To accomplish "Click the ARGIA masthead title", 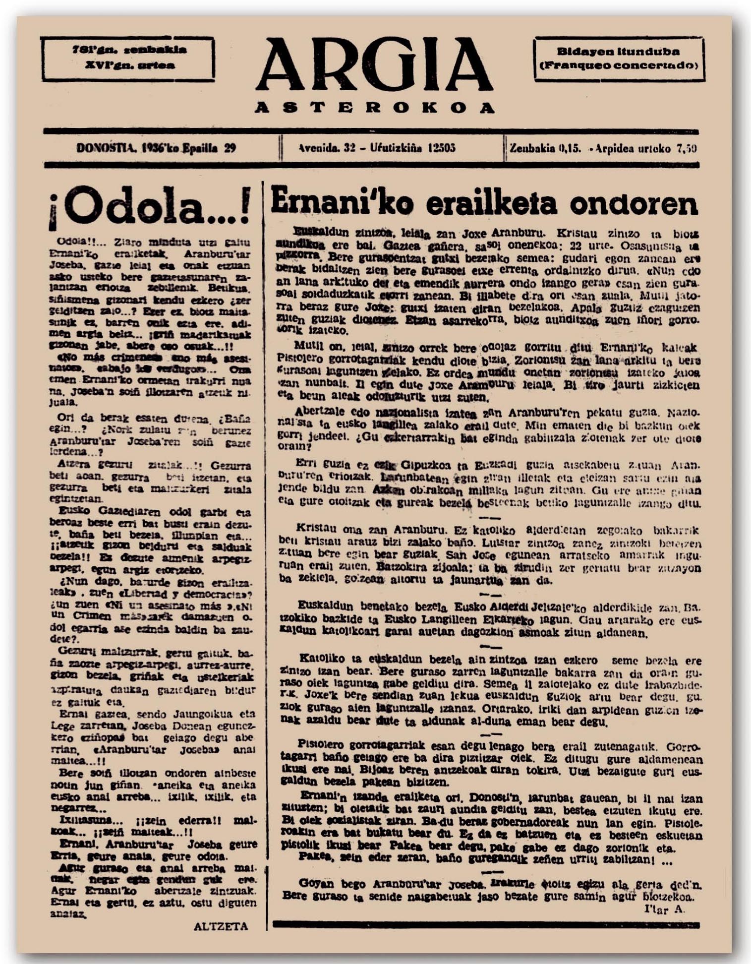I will click(x=374, y=65).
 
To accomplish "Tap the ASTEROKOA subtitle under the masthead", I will click(x=374, y=108).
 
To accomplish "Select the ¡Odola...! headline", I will click(x=149, y=207).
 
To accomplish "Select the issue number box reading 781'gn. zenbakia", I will click(x=129, y=50).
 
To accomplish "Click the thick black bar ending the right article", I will click(x=486, y=924).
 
